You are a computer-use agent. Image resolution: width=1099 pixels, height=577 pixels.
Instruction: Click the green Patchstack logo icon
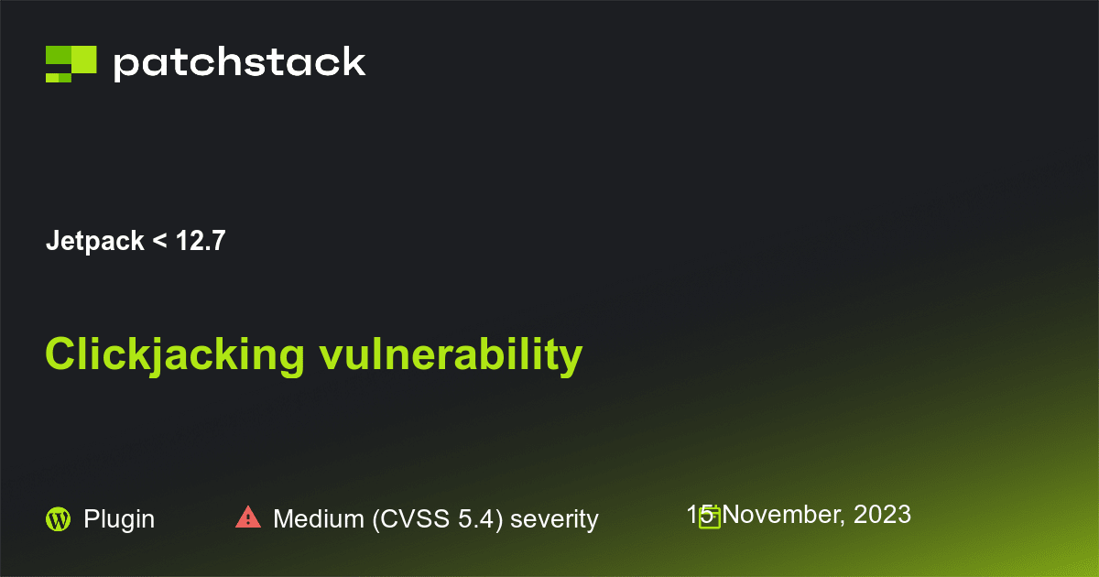point(71,63)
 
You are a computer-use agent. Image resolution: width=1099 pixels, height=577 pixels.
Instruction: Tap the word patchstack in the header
point(240,63)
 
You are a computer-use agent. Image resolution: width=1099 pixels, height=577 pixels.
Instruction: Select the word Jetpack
point(94,242)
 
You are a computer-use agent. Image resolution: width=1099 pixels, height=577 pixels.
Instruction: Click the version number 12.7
point(201,242)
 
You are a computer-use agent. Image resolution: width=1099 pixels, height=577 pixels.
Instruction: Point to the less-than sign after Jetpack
point(159,243)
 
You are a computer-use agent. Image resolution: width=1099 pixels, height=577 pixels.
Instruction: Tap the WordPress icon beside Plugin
point(58,519)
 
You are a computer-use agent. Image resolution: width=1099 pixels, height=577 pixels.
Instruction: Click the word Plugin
point(119,519)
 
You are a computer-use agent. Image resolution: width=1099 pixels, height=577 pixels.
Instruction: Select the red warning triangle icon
point(248,517)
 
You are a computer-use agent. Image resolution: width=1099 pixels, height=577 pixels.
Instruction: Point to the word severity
point(554,519)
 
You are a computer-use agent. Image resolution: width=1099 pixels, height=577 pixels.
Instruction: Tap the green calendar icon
point(709,518)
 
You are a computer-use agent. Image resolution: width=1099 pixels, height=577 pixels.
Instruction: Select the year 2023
point(882,515)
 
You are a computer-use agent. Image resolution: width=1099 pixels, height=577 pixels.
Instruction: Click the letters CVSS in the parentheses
point(408,519)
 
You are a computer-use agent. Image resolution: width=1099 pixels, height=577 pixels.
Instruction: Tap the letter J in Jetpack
point(51,242)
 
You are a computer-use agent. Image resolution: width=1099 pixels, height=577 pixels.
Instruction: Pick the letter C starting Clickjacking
point(59,355)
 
